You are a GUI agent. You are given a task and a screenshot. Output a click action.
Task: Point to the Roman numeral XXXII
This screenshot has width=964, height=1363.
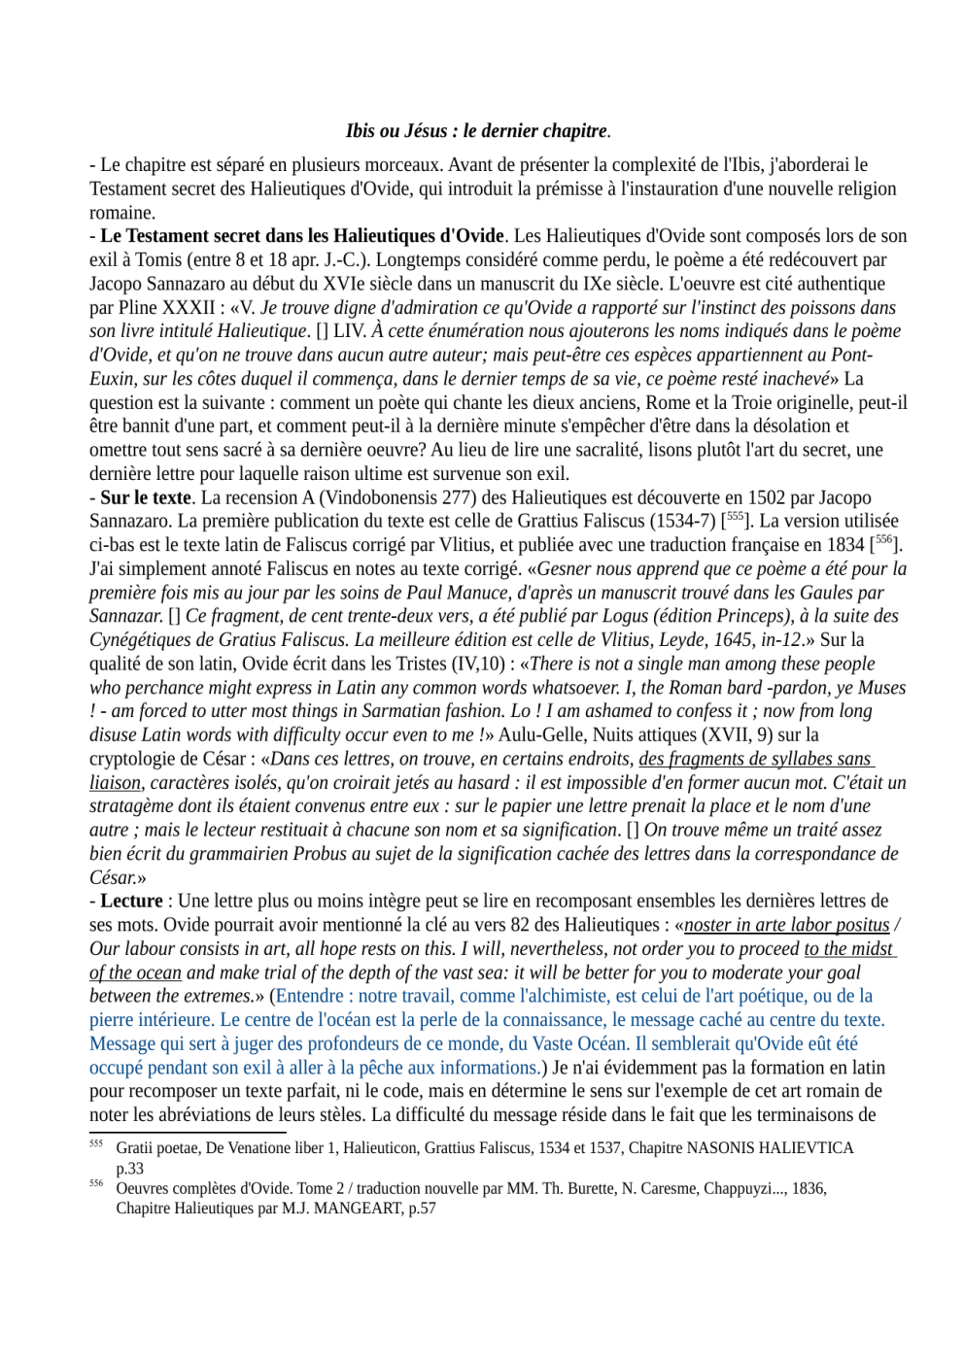coord(189,308)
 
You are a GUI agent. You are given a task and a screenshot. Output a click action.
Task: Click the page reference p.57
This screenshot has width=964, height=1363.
coord(421,1209)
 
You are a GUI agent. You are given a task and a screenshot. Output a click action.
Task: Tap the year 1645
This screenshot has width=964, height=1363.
coord(732,640)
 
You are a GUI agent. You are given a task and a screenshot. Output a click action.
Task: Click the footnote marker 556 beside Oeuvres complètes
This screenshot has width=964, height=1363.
coord(96,1183)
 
